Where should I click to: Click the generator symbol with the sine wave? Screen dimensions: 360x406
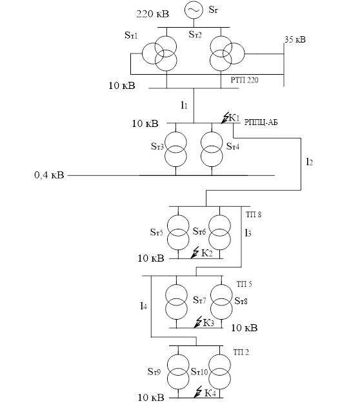click(x=194, y=10)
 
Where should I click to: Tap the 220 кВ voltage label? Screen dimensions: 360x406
click(x=153, y=14)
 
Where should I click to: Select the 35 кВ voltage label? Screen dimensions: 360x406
click(x=295, y=39)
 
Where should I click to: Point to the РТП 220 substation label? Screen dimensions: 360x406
click(x=245, y=80)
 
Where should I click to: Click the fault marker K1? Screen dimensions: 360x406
click(x=230, y=118)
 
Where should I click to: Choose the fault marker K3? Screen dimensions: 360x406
click(x=204, y=322)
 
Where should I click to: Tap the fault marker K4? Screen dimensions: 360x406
click(x=205, y=392)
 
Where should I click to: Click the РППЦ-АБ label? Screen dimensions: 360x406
click(x=261, y=122)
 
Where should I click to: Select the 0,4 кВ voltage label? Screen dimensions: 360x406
click(x=49, y=175)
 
